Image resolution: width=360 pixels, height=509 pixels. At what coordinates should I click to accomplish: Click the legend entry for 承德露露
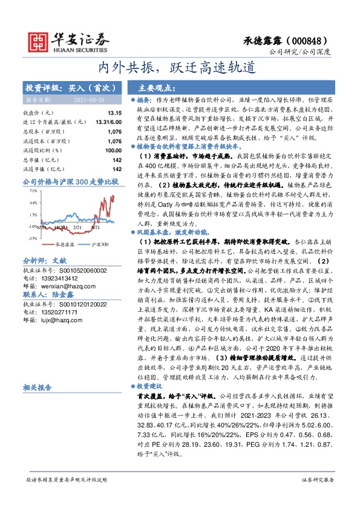tap(65, 244)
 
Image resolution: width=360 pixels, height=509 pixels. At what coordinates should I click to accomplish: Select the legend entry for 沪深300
tap(99, 244)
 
